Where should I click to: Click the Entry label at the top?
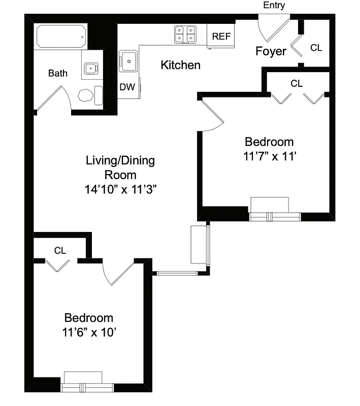[x=274, y=6]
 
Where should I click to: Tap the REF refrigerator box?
[x=221, y=36]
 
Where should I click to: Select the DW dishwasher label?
[x=127, y=87]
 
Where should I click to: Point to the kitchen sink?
[x=128, y=61]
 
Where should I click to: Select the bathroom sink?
[x=91, y=67]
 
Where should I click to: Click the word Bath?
[x=57, y=73]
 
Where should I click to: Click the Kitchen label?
[x=180, y=65]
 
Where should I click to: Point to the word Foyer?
[x=271, y=51]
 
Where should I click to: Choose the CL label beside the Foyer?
[x=316, y=48]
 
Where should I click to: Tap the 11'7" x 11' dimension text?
[x=269, y=156]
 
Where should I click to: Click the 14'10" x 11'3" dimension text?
[x=120, y=189]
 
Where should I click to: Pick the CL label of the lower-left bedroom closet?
[x=60, y=250]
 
